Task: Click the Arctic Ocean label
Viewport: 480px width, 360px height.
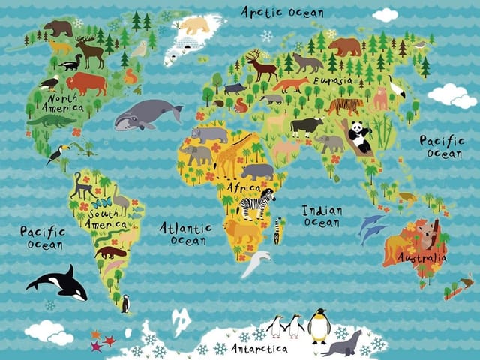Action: (282, 12)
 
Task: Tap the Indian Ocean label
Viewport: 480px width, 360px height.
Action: (322, 216)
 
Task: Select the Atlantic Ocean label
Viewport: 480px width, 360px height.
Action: (184, 232)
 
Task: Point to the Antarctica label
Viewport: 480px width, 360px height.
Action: (259, 349)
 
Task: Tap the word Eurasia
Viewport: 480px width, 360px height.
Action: (332, 80)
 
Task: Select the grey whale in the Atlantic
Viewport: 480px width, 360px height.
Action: (146, 115)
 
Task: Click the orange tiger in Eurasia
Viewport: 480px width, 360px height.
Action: (344, 105)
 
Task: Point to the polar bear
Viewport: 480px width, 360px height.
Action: (193, 26)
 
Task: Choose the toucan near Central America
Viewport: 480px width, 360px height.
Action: (57, 154)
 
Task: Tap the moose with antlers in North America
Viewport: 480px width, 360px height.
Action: (90, 51)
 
